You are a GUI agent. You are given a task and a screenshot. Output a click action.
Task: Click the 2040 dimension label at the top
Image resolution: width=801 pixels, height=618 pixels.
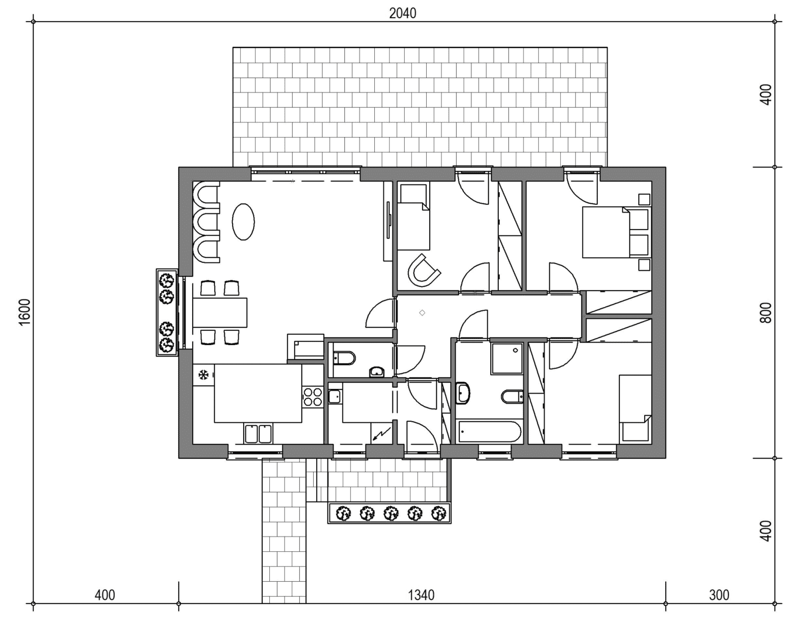point(402,13)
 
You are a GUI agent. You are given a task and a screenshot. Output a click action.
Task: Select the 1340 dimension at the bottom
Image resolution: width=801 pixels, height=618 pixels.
point(421,595)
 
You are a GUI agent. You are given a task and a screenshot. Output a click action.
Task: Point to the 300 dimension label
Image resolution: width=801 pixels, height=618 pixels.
point(719,595)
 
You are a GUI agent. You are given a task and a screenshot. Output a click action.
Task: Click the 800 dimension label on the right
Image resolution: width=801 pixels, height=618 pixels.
point(765,313)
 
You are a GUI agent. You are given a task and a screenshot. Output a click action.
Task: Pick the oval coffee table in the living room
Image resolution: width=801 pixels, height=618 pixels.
point(243,222)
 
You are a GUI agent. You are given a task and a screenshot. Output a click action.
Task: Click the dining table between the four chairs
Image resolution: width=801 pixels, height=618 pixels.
point(220,313)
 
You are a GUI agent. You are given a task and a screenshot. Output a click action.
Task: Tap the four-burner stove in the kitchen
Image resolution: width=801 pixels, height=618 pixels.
point(312,397)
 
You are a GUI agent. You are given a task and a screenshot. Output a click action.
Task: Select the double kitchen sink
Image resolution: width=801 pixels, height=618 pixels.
point(258,433)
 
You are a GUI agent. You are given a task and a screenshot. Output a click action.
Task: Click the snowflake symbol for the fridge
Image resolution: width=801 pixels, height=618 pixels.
point(204,375)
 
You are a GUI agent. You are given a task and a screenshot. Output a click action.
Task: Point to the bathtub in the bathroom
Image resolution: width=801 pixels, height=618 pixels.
point(489,431)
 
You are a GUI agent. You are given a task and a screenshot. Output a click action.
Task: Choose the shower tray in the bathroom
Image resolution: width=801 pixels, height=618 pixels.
point(507,358)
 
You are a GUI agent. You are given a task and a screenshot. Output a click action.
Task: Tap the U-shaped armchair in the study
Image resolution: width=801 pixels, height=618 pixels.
point(423,272)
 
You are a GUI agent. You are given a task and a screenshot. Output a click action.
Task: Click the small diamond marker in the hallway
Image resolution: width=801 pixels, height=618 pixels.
point(422,313)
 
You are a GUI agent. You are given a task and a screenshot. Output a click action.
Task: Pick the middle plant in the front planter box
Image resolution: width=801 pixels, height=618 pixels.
point(390,513)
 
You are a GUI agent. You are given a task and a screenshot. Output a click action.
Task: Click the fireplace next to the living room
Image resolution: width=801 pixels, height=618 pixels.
point(306,347)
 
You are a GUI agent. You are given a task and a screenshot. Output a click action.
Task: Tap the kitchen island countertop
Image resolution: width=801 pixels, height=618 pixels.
point(258,393)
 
